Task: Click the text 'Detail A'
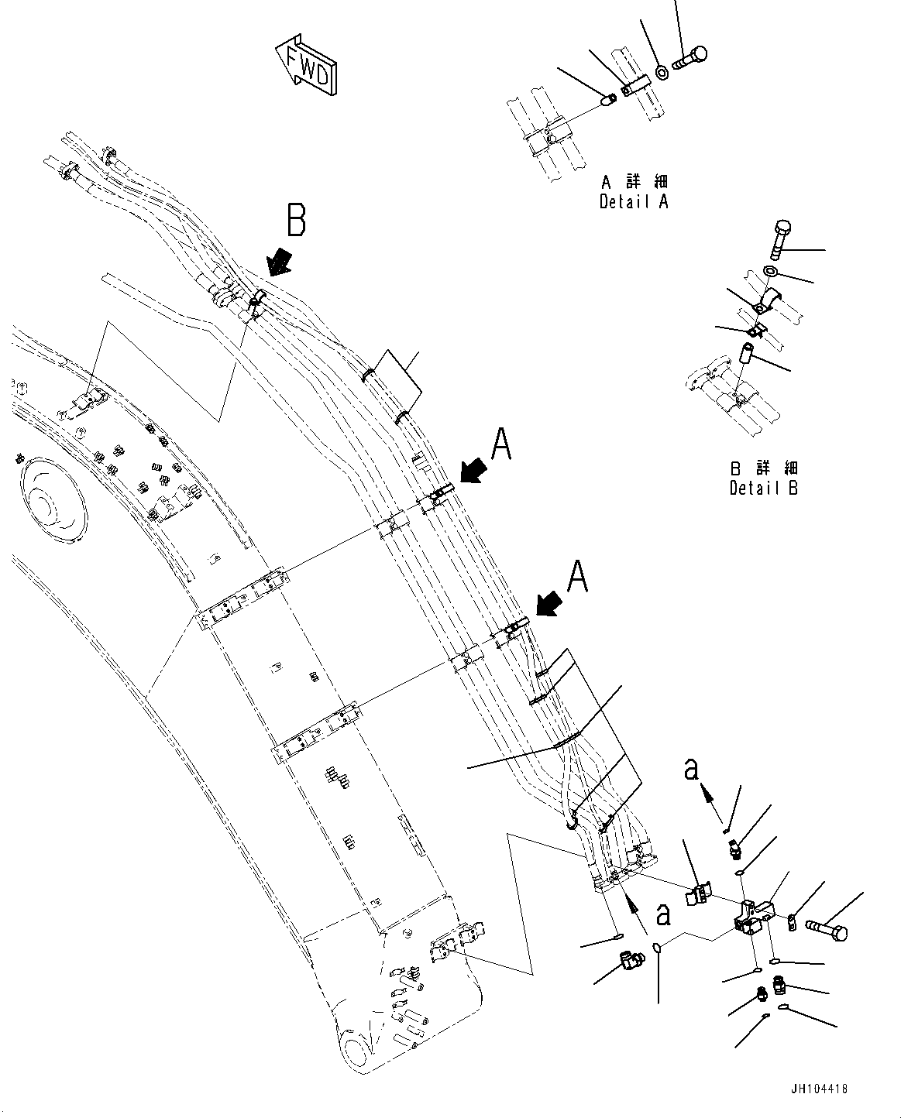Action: [x=633, y=201]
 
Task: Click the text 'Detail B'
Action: [x=763, y=488]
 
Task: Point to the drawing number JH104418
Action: [x=819, y=1089]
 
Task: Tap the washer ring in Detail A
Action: [x=662, y=73]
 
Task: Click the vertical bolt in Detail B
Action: [x=780, y=239]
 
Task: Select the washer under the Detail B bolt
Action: [x=772, y=272]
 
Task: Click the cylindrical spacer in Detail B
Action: [x=747, y=354]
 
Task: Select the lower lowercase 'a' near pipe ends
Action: [x=663, y=914]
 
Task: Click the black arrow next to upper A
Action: [x=473, y=469]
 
